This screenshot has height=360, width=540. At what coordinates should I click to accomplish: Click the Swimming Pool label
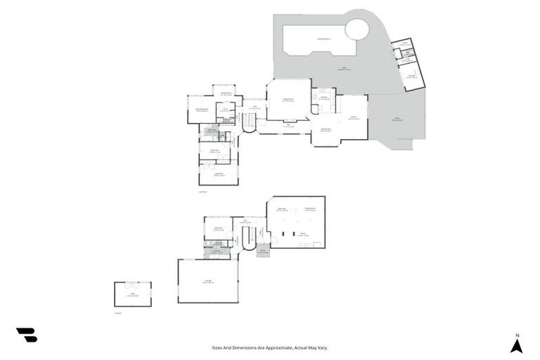(324, 39)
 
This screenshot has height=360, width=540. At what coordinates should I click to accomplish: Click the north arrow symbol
(516, 346)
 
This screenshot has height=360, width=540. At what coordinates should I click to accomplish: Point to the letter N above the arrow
(516, 335)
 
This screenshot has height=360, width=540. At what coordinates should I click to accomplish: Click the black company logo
(27, 335)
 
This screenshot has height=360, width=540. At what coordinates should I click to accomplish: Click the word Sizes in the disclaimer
(217, 347)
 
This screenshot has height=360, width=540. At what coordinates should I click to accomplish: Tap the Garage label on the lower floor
(208, 282)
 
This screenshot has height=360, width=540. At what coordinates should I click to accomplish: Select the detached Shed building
(133, 294)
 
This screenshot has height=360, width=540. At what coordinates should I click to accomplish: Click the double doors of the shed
(133, 283)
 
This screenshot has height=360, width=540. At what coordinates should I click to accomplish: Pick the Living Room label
(288, 100)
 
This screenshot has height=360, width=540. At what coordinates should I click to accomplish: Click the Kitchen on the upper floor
(323, 98)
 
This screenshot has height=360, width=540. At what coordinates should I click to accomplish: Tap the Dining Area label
(326, 130)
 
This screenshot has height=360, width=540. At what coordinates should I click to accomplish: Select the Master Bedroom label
(201, 110)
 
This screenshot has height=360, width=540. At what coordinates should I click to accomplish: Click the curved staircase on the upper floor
(249, 123)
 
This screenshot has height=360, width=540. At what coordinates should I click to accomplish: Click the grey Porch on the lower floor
(263, 251)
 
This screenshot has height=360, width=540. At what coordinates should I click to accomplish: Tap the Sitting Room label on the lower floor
(310, 210)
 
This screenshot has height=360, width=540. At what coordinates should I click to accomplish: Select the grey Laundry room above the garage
(217, 252)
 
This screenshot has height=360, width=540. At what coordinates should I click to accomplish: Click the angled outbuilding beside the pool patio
(408, 65)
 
